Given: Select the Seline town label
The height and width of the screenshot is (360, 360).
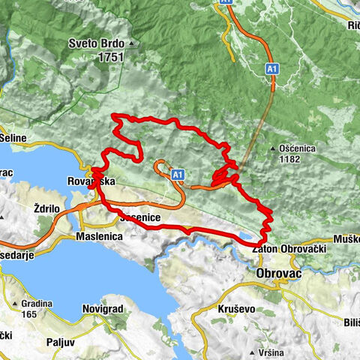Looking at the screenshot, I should pyautogui.click(x=14, y=139).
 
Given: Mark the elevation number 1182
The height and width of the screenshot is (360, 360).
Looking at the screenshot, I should pyautogui.click(x=298, y=159).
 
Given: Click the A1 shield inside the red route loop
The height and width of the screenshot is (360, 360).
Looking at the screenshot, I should pyautogui.click(x=178, y=175).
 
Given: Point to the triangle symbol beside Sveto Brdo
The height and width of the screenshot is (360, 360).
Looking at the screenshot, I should pyautogui.click(x=131, y=43).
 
